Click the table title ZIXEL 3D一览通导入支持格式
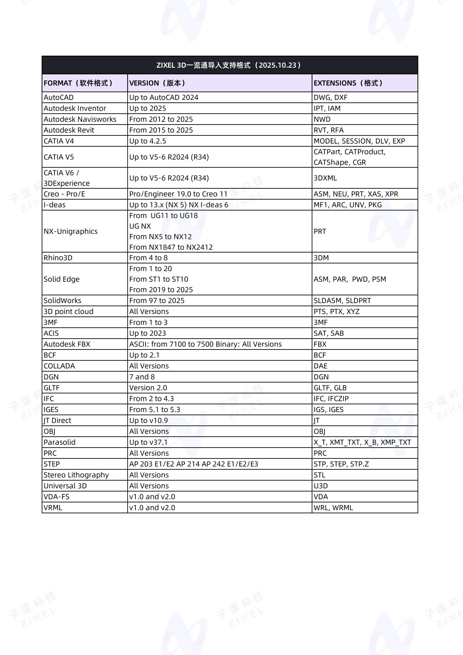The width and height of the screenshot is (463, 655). pos(230,65)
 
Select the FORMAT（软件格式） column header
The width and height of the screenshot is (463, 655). pos(78,83)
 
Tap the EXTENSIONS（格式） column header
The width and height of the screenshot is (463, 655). pos(348,83)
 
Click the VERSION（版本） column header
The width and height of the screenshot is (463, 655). pos(157,83)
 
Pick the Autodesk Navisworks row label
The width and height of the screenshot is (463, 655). pos(80,119)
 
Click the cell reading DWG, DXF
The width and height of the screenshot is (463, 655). pos(330,97)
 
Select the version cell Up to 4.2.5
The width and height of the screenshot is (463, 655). pos(147,141)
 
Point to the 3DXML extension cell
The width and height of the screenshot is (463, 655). pos(325,178)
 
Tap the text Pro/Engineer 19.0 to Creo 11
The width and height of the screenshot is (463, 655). pos(178,194)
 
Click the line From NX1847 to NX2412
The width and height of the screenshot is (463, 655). pos(171,247)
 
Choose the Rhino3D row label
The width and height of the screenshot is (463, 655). pos(58,258)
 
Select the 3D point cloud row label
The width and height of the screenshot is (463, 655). pos(68,311)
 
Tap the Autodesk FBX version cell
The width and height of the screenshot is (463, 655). pos(205,344)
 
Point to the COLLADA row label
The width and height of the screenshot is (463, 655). pos(59,366)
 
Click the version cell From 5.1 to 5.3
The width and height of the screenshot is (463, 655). pos(154,409)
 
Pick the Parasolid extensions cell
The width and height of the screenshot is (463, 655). pos(362,442)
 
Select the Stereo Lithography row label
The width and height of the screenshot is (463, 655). pos(76,475)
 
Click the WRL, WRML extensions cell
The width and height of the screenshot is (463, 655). pos(333,507)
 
